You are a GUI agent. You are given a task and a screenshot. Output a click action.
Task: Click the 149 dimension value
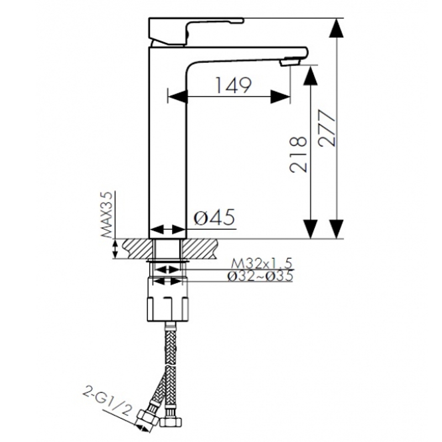coord(233,85)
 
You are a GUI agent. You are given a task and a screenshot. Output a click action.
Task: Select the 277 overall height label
coord(327,128)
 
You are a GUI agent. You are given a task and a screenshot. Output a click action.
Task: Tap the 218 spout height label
coord(298,154)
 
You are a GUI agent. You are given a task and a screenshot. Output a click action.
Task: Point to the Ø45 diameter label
coord(215,217)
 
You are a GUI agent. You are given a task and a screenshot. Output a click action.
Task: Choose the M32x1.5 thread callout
coord(262,264)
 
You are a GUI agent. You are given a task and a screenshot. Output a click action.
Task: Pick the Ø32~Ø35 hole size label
coord(260,276)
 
